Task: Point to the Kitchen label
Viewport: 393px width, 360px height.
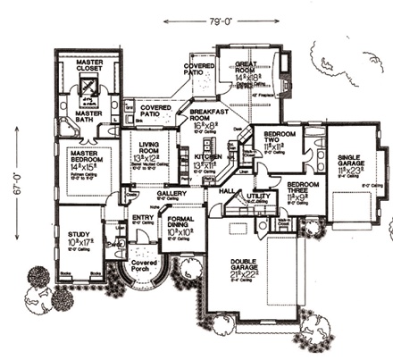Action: pos(208,158)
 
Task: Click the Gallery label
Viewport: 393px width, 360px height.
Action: pos(171,193)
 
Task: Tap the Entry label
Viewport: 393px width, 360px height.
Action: pos(143,216)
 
